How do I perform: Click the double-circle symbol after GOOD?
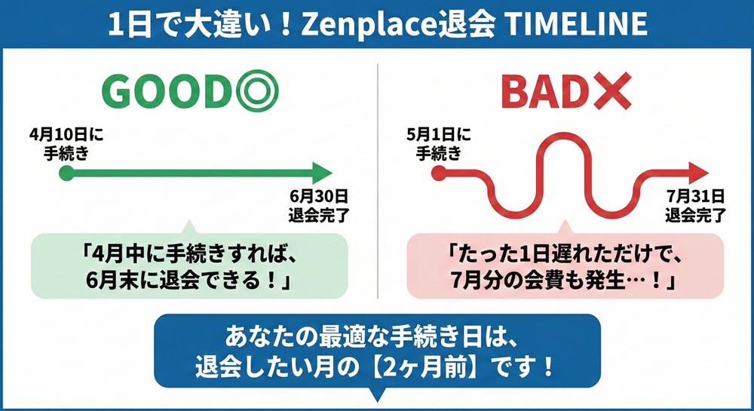pos(256,91)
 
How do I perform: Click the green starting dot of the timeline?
pos(66,173)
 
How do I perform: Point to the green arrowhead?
pos(322,173)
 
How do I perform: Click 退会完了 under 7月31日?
pos(695,214)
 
